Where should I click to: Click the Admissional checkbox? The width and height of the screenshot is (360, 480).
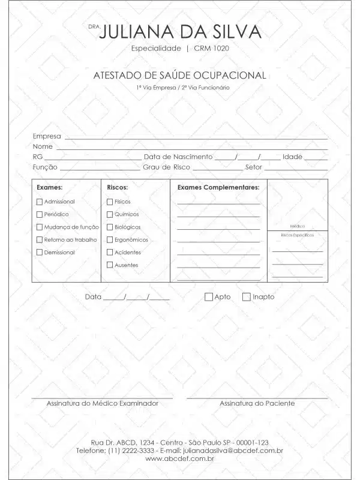(x=40, y=202)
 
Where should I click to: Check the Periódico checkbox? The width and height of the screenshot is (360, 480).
(x=40, y=214)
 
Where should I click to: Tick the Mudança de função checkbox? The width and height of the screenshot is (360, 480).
(x=40, y=227)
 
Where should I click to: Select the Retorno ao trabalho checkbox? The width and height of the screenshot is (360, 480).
(x=40, y=239)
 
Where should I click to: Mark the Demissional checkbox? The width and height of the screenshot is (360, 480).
(x=40, y=252)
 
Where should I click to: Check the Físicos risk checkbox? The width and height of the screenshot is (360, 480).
(x=110, y=202)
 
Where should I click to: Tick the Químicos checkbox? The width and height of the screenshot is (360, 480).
(x=110, y=214)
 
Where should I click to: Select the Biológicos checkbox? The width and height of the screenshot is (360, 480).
(x=110, y=227)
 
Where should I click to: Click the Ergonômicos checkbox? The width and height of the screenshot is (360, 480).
(x=110, y=239)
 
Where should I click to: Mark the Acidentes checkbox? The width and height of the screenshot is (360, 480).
(x=110, y=252)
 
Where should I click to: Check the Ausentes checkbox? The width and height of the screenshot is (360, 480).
(x=110, y=265)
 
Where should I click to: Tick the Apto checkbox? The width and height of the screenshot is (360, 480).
(x=209, y=296)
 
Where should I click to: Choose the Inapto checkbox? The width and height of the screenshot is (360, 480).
(x=247, y=296)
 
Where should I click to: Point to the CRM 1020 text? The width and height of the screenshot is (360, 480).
(x=211, y=48)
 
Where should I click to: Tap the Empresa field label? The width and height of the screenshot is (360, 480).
(x=47, y=136)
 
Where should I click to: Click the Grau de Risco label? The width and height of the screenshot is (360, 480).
(x=166, y=167)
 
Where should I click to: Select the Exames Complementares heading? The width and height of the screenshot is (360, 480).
(x=218, y=187)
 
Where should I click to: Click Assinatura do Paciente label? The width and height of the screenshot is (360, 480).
(x=257, y=403)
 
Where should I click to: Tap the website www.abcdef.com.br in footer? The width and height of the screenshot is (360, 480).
(x=180, y=458)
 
